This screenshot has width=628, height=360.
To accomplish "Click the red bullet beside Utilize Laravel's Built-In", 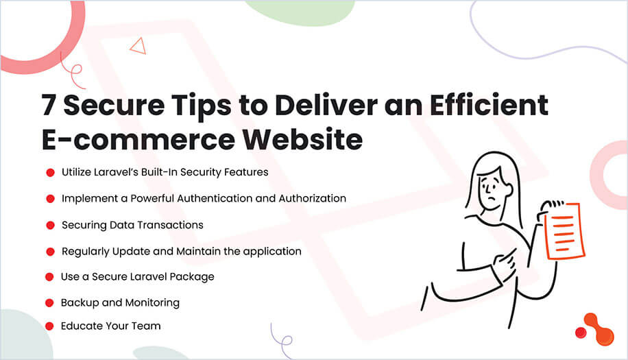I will [50, 173].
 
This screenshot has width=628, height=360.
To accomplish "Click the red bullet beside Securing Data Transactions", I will [50, 225].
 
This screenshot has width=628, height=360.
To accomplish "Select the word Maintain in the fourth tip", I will [199, 251].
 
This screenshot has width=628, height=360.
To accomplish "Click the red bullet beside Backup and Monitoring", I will [49, 302].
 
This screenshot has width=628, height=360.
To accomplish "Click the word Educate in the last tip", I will [82, 326].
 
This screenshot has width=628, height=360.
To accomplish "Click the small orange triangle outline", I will [138, 46].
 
